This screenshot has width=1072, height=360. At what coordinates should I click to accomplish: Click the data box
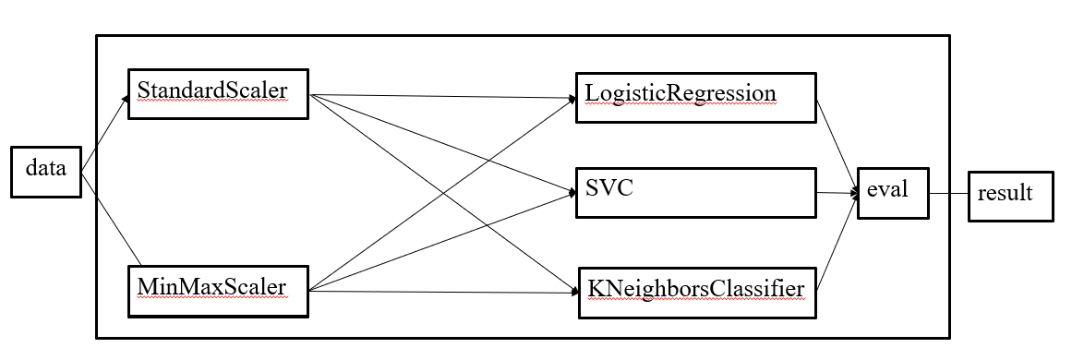pos(45,171)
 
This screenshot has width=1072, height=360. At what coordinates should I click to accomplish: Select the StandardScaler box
pos(217,93)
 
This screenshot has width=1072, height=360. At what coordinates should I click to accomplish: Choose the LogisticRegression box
pos(695,97)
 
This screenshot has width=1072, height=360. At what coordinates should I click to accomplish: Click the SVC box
pos(695,192)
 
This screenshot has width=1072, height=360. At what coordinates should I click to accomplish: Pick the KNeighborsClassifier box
pos(698,292)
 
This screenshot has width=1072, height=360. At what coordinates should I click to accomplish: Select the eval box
pos(892,193)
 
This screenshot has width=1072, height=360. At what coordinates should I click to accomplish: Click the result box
pos(1009,196)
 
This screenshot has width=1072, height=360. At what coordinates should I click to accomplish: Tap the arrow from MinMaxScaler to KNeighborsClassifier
pos(443,293)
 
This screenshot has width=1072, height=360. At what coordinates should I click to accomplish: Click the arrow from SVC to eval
pos(837,193)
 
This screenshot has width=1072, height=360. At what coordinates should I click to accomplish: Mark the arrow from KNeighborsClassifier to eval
pos(837,244)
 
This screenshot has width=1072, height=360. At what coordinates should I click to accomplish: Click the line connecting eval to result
pos(948,194)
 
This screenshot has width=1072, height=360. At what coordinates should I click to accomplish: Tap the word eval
pos(887,189)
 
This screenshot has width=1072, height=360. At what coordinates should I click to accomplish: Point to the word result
pos(1005,194)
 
